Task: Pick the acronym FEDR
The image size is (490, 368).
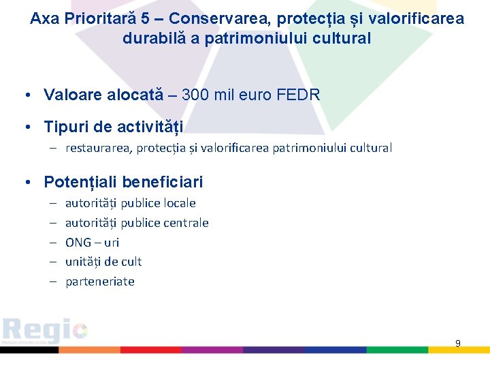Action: coord(298,95)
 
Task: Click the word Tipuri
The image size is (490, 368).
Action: coord(65,127)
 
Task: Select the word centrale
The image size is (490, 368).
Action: coord(186,223)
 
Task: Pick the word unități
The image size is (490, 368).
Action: coord(84,262)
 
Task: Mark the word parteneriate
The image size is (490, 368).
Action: coord(100,281)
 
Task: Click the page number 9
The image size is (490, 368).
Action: coord(457,343)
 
